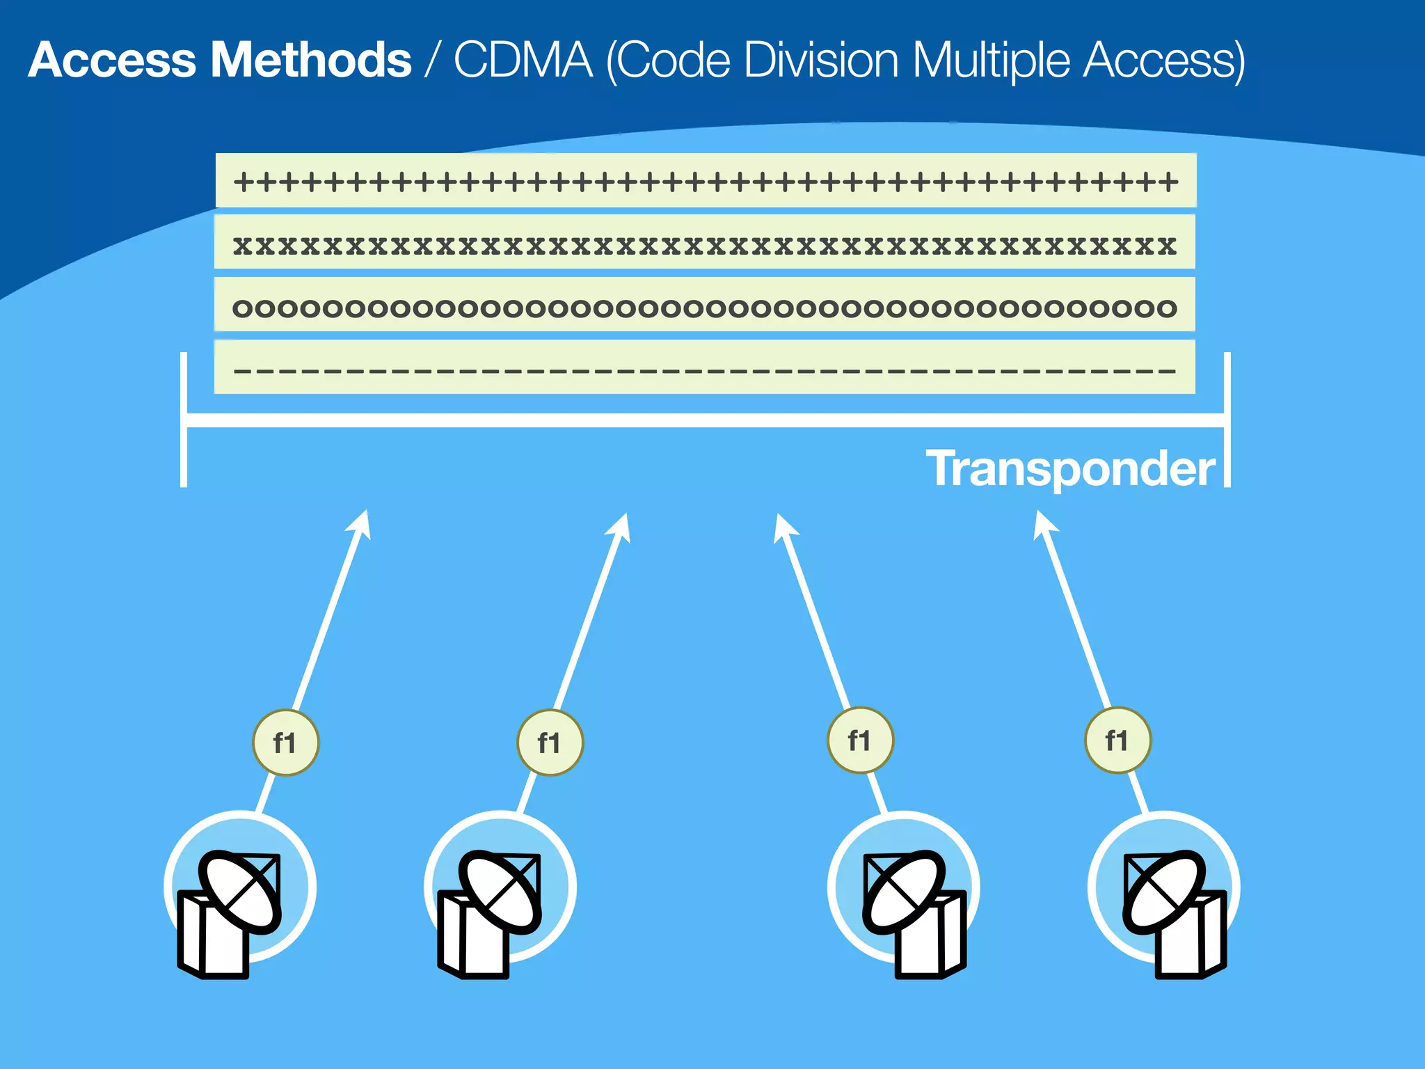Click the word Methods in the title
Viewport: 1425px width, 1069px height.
coord(310,60)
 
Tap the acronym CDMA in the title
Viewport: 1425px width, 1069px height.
coord(523,60)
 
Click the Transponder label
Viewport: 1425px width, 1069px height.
coord(1070,468)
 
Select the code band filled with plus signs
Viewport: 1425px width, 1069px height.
coord(706,181)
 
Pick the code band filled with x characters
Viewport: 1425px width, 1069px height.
coord(704,242)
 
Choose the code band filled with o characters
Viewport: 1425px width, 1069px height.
coord(704,305)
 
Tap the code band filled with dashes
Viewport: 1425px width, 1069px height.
coord(704,367)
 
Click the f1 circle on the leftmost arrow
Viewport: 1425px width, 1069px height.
coord(285,743)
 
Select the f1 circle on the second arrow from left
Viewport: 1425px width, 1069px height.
coord(550,743)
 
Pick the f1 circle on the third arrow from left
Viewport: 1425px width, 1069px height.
coord(860,741)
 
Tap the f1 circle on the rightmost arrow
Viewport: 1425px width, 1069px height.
coord(1117,741)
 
